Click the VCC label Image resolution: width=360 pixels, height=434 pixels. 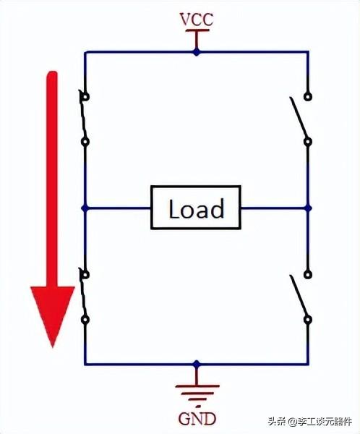point(197,20)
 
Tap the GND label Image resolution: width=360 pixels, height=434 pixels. point(197,419)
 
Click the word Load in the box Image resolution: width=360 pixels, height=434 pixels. point(196,208)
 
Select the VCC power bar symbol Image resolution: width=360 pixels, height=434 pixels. point(197,35)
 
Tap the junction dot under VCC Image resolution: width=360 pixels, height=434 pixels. point(197,52)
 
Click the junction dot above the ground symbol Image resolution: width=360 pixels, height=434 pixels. point(197,364)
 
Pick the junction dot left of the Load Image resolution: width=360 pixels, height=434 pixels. point(85,208)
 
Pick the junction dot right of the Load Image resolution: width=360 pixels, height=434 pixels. point(308,208)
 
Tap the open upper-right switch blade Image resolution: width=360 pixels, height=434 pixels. point(299,117)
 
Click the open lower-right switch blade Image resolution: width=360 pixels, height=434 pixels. point(299,296)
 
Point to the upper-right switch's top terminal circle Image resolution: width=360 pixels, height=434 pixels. point(308,97)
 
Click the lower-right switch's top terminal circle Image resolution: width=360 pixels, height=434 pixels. point(308,275)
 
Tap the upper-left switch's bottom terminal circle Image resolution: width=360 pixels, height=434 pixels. point(85,142)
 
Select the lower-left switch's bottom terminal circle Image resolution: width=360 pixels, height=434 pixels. point(85,320)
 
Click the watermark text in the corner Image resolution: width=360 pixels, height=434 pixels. point(309,422)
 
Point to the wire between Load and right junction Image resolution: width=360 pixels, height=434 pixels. point(273,208)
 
